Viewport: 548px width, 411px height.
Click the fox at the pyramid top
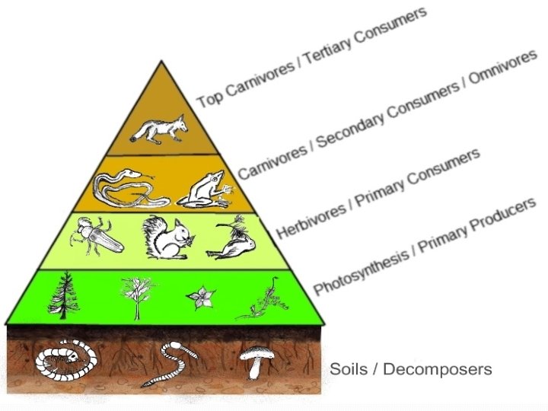point(159,129)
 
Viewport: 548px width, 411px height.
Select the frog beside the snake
point(204,190)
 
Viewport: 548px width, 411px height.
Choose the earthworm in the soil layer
point(173,364)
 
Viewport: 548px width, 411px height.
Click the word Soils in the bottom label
point(349,370)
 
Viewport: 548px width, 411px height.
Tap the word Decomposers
point(438,370)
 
